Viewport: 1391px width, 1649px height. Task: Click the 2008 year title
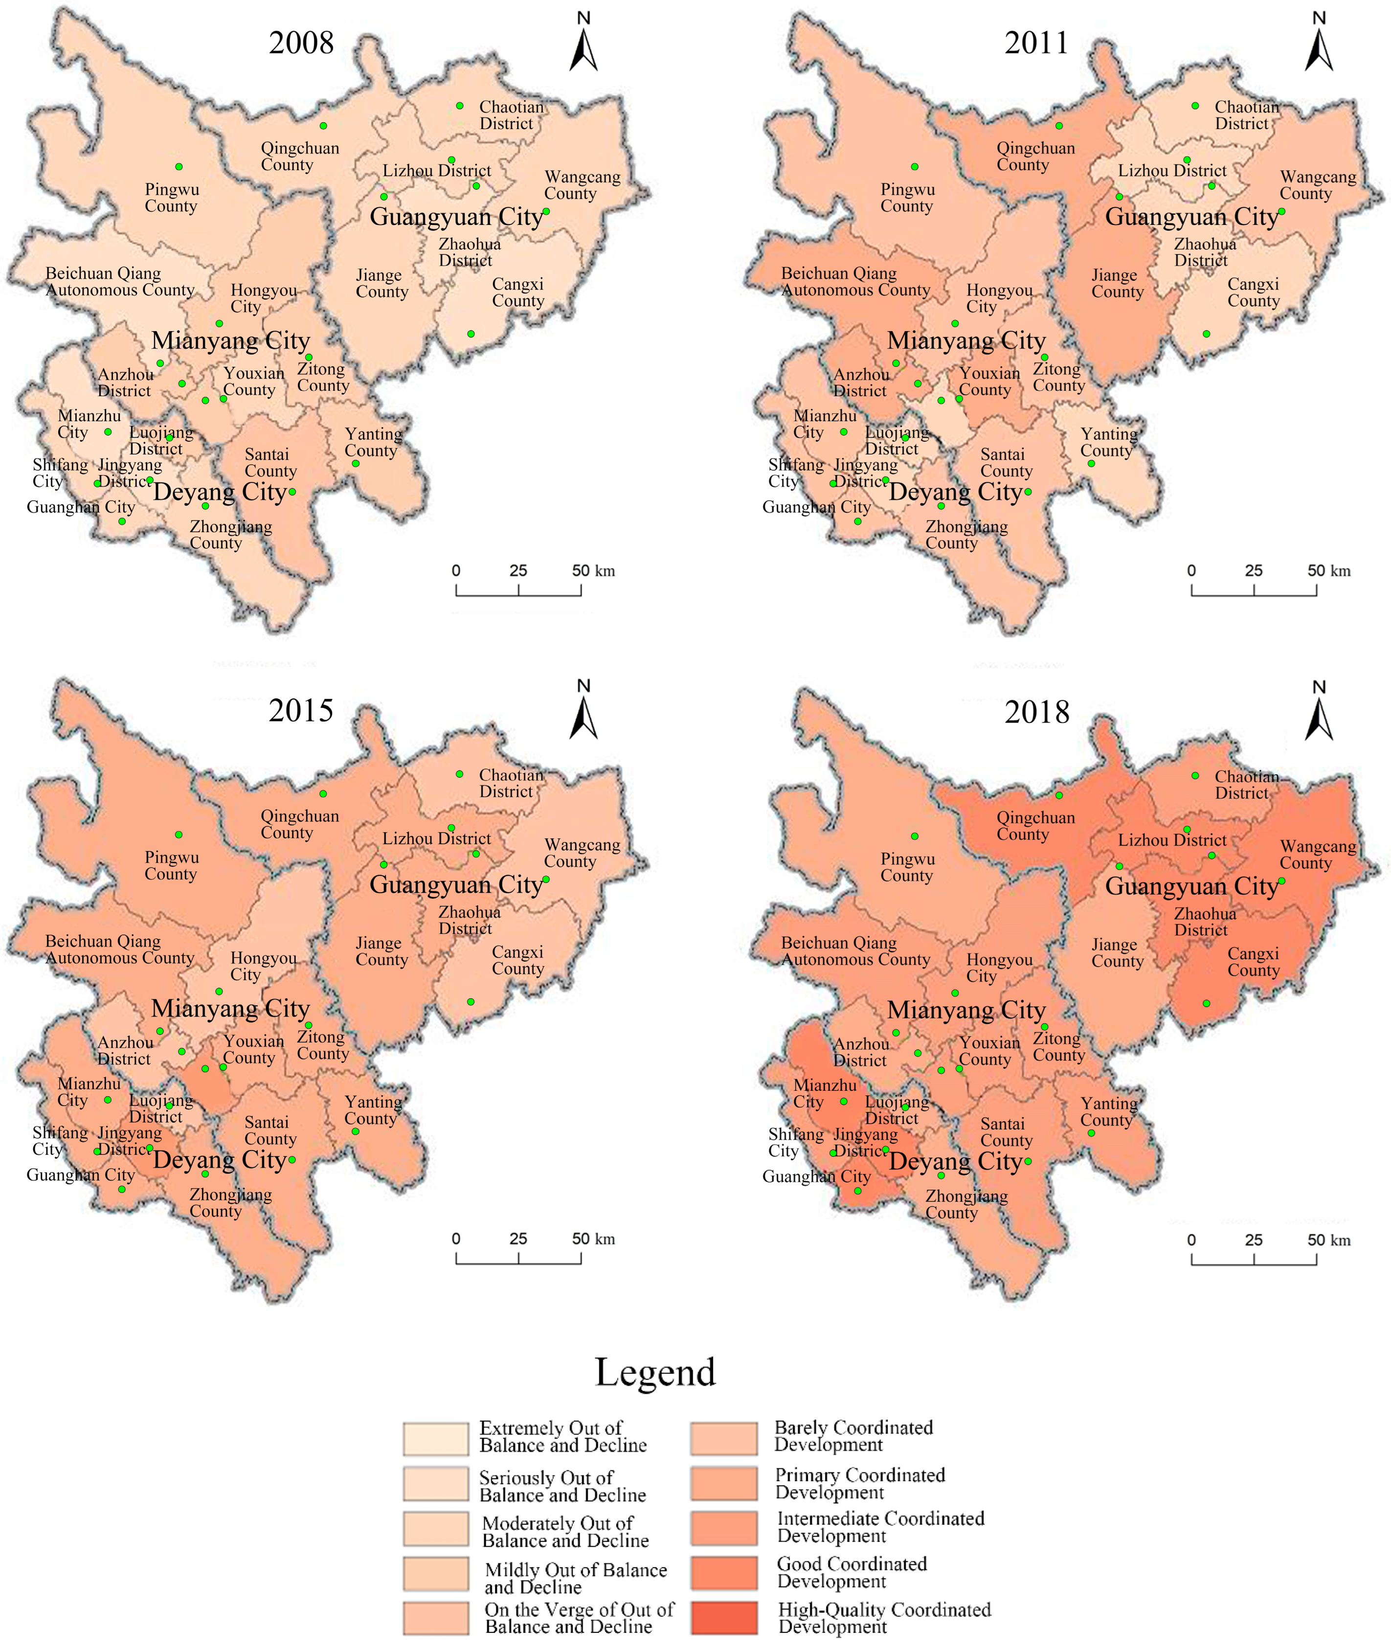tap(301, 43)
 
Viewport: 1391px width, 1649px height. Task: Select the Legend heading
tap(655, 1372)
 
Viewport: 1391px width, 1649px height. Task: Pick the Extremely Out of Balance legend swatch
tap(435, 1439)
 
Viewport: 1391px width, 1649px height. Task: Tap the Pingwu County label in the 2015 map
tap(171, 865)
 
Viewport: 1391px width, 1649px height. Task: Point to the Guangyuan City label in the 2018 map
tap(1190, 885)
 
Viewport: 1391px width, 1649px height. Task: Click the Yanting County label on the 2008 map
tap(373, 442)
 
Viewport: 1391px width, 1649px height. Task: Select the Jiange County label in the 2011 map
tap(1117, 283)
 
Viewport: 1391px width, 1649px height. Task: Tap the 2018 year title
tap(1036, 712)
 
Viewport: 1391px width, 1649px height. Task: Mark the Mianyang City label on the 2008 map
tap(230, 340)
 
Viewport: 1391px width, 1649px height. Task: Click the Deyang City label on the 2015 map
tap(219, 1159)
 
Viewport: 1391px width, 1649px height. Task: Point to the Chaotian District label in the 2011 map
tap(1246, 115)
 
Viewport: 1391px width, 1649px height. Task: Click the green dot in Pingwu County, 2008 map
tap(179, 166)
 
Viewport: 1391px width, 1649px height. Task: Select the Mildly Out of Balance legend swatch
tap(435, 1574)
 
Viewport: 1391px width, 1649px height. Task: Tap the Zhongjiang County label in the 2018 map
tap(966, 1204)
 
